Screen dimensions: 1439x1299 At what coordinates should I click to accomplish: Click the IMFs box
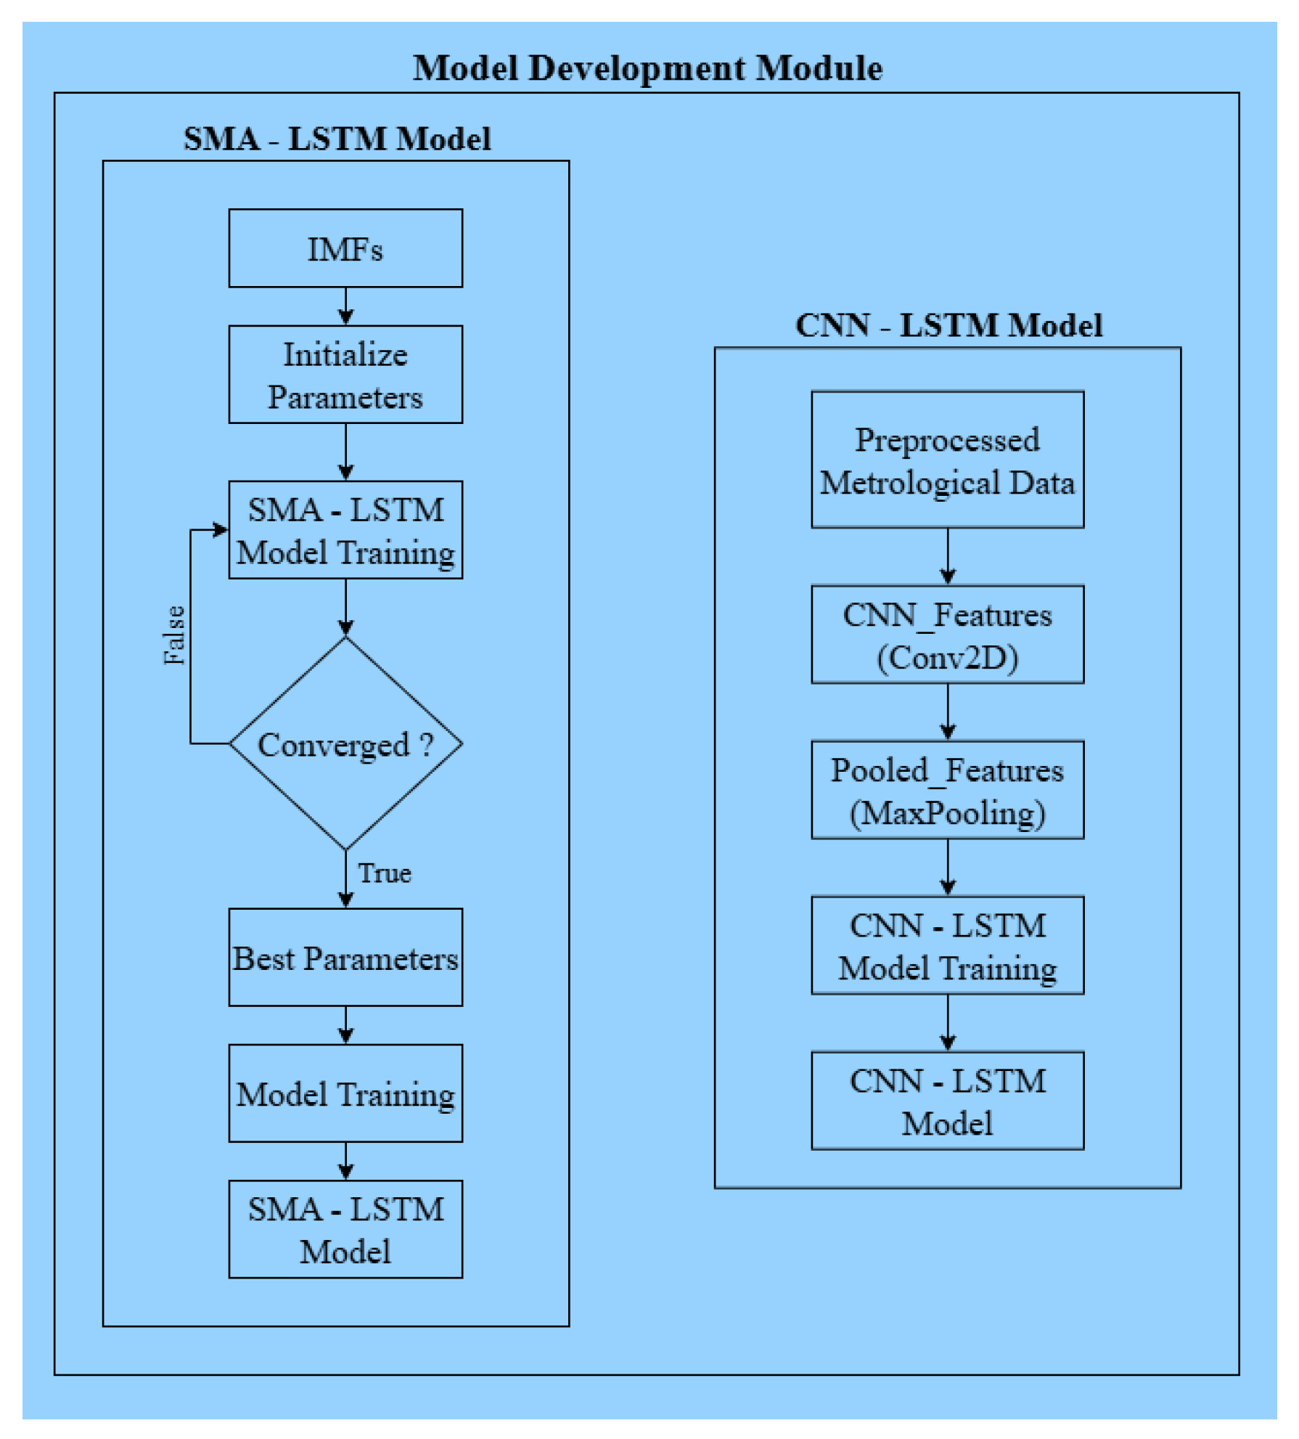[345, 248]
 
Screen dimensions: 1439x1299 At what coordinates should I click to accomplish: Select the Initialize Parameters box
[345, 375]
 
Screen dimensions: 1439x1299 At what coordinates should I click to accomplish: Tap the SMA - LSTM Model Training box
[345, 530]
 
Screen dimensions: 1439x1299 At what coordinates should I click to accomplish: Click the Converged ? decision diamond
[345, 744]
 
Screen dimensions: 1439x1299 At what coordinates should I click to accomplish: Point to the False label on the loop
[174, 635]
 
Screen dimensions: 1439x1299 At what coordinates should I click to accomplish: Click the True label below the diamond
[385, 873]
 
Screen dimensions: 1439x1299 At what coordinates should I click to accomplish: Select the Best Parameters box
[345, 958]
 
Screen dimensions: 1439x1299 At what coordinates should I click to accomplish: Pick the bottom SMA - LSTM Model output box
[345, 1230]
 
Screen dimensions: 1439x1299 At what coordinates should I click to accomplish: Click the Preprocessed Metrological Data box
[947, 460]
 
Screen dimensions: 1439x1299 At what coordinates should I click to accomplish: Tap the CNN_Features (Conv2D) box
[947, 635]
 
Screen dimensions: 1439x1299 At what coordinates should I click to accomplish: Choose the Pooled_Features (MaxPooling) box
[947, 790]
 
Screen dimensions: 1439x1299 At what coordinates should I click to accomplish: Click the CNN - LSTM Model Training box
[947, 945]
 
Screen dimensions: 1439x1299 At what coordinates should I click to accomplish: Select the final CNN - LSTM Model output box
[947, 1101]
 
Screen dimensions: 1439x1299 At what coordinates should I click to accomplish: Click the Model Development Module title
[647, 68]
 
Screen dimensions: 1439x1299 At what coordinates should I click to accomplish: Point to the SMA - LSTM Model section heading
[337, 139]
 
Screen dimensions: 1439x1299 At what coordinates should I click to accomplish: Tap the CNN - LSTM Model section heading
[948, 325]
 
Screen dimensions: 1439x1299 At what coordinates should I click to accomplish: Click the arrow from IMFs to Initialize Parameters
[345, 306]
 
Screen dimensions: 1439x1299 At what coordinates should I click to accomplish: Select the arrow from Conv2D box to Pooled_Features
[947, 712]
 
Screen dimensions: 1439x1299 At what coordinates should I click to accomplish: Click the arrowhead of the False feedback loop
[220, 530]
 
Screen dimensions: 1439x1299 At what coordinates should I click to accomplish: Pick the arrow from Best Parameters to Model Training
[345, 1025]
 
